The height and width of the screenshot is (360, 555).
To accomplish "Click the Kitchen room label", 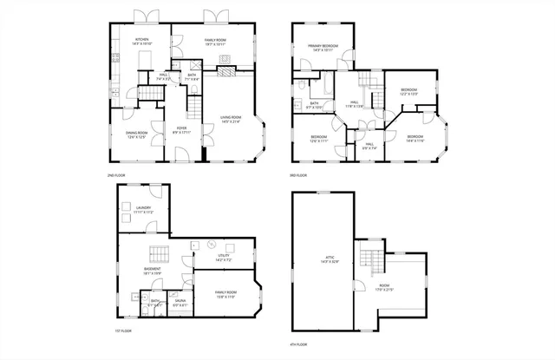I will click(x=141, y=41).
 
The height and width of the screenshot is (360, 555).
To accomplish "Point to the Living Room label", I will click(x=231, y=119).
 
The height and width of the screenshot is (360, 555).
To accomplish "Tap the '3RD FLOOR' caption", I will click(x=299, y=175).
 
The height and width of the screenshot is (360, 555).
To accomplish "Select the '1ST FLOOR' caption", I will click(x=124, y=331).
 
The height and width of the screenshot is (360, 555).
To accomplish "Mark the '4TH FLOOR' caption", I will click(x=299, y=344).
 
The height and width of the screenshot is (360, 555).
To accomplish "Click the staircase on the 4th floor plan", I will click(x=371, y=259).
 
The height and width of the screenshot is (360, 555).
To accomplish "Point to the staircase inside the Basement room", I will click(x=158, y=253).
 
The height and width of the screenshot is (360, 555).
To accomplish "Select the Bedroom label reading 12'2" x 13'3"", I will click(x=409, y=91).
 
